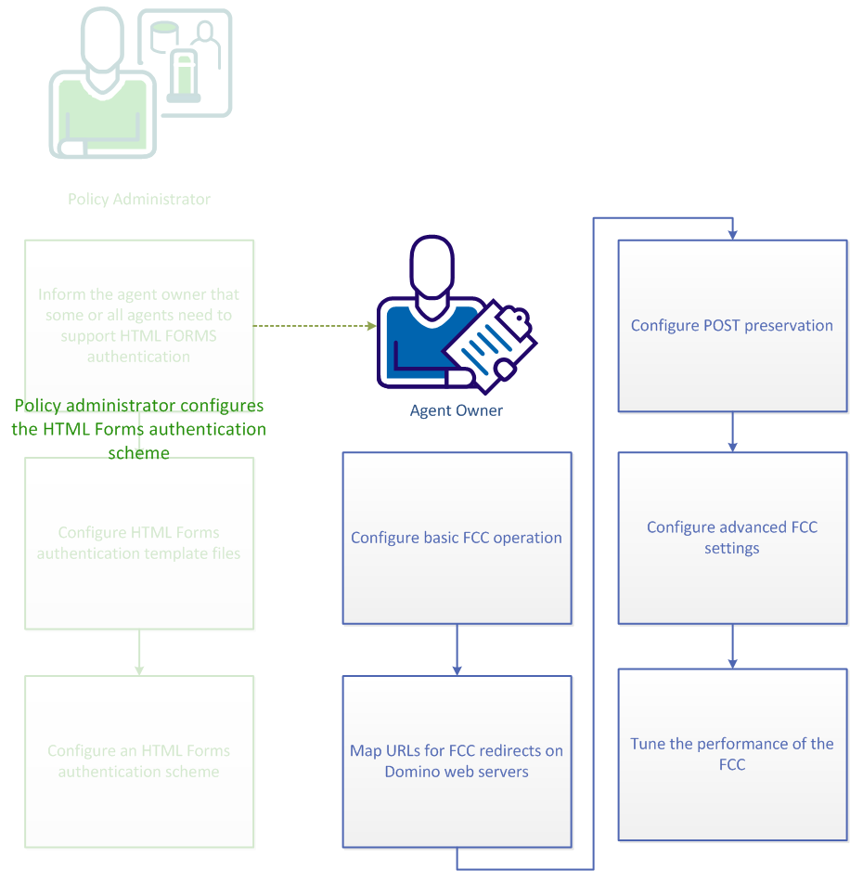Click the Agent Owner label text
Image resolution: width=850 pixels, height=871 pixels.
pos(457,410)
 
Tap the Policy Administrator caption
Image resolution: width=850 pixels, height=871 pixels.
pos(139,199)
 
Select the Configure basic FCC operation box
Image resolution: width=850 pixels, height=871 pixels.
pos(457,538)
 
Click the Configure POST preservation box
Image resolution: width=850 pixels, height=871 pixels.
pos(732,326)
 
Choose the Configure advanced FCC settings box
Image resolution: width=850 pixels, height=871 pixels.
pos(732,538)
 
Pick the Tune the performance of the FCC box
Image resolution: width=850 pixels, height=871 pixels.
pos(732,754)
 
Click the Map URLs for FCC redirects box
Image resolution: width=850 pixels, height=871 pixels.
pos(457,760)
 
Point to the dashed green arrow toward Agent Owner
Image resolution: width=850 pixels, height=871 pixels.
pos(314,326)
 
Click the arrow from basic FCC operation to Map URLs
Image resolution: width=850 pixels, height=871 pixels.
pos(457,649)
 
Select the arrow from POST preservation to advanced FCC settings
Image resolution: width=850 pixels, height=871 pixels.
pos(733,432)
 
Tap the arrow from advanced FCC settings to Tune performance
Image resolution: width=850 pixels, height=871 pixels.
pos(733,645)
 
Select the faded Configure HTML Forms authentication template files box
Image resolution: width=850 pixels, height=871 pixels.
pos(139,543)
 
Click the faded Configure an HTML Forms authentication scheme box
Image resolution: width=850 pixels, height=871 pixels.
pos(139,760)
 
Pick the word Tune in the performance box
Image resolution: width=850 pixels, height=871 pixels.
pos(648,744)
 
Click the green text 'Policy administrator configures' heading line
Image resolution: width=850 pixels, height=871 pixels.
pos(139,406)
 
